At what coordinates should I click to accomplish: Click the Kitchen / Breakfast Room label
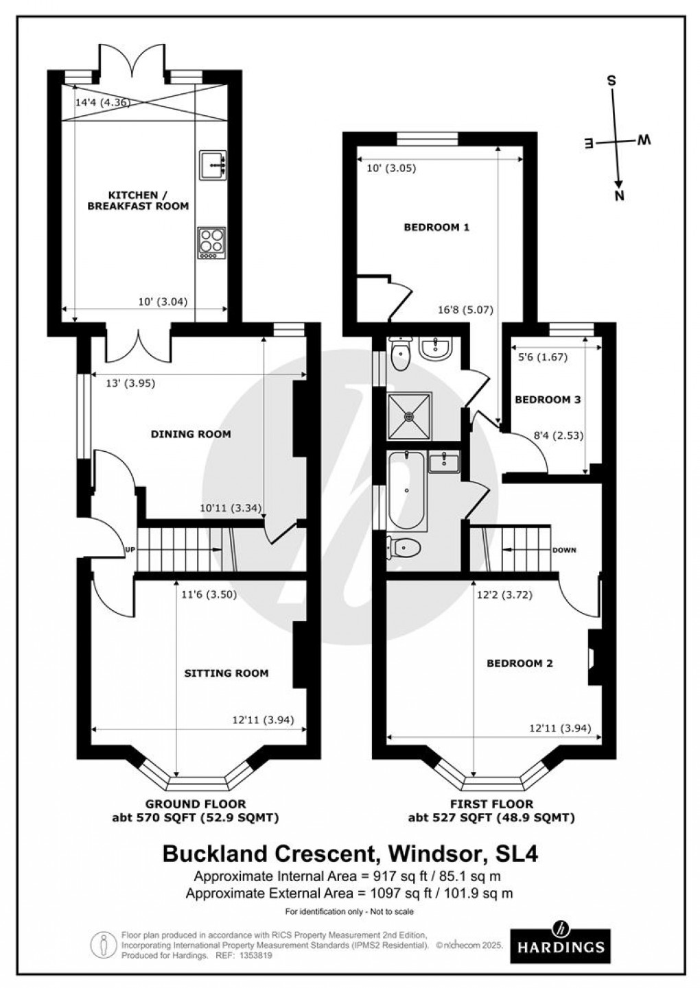[137, 200]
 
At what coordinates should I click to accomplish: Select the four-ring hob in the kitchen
[211, 242]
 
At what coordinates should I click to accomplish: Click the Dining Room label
[191, 434]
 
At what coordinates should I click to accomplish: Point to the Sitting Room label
[226, 673]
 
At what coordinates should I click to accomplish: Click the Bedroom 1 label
[436, 227]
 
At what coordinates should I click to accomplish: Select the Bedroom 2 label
[520, 664]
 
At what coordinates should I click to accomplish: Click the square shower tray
[409, 415]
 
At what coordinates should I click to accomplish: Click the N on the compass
[620, 196]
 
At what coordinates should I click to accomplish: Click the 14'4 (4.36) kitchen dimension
[102, 102]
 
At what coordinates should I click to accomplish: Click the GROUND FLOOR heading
[195, 804]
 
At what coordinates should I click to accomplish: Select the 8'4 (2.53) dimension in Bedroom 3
[558, 433]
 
